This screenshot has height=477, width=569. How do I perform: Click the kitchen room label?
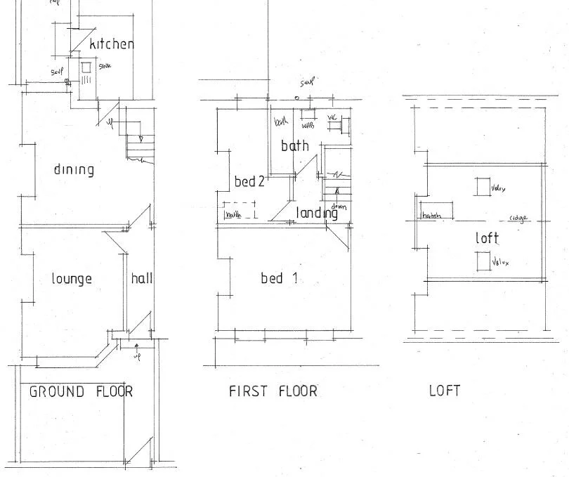[x=112, y=44]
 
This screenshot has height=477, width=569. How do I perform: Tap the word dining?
[x=74, y=169]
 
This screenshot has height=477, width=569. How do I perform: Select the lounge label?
[x=72, y=279]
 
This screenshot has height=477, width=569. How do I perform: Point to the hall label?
[x=141, y=278]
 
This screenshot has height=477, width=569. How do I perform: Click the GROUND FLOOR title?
[x=81, y=391]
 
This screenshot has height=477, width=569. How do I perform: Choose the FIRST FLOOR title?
[x=273, y=391]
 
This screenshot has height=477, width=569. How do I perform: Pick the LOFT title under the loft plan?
[x=445, y=391]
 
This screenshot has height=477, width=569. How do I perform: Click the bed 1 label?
[x=279, y=279]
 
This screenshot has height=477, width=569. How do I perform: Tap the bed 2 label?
[x=249, y=182]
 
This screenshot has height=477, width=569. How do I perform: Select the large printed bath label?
[x=295, y=146]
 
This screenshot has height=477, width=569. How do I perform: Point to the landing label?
[x=317, y=213]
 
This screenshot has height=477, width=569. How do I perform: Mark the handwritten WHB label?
[x=308, y=127]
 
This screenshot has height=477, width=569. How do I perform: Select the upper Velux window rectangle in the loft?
[x=482, y=188]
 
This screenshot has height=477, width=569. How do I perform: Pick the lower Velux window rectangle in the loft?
[x=482, y=261]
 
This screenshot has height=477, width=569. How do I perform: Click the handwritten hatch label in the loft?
[x=432, y=216]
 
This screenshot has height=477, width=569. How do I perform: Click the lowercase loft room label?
[x=487, y=238]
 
